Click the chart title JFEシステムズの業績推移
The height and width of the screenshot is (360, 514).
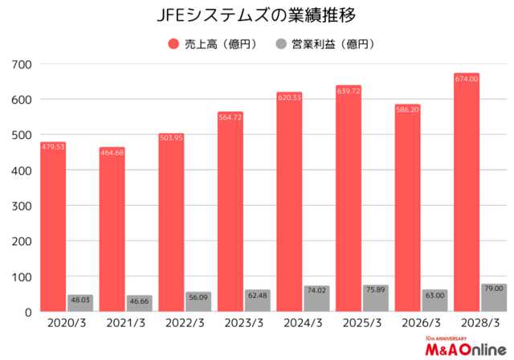[256, 15]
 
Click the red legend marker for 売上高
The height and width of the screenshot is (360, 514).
[173, 43]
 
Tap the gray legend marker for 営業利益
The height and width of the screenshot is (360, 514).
[281, 43]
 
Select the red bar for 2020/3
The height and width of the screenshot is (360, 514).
[52, 229]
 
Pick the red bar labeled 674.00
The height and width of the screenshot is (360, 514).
[467, 193]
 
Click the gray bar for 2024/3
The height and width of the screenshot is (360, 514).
[316, 299]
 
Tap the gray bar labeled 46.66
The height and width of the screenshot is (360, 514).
[139, 304]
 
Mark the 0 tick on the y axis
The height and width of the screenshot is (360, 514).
[27, 312]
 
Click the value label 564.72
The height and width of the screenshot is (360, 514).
[230, 117]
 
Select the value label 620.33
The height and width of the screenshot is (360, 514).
[289, 97]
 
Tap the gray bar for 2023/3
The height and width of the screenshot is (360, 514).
[257, 301]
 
